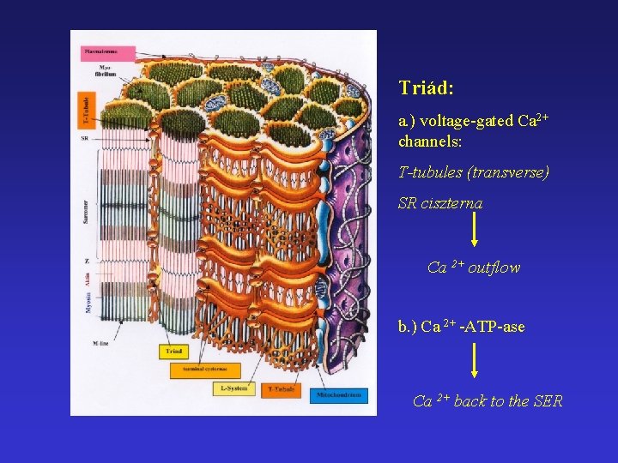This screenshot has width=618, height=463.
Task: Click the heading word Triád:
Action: [427, 88]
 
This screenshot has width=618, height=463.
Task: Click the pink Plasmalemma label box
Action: [102, 51]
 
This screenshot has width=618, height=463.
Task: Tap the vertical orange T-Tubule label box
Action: [86, 111]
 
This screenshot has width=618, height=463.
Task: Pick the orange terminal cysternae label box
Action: [206, 370]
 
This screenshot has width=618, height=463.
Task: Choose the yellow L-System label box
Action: [233, 388]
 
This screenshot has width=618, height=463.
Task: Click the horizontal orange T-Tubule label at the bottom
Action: [281, 389]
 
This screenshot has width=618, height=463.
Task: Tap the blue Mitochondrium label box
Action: [339, 395]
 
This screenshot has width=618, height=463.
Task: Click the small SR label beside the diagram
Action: [85, 138]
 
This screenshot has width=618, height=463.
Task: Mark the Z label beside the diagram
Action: [86, 260]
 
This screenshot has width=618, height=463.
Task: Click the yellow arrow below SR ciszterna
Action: [475, 231]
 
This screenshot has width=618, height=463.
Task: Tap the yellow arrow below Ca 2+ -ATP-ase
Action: [475, 362]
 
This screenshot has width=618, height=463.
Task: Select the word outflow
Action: [494, 268]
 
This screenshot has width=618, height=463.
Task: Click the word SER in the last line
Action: [548, 401]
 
